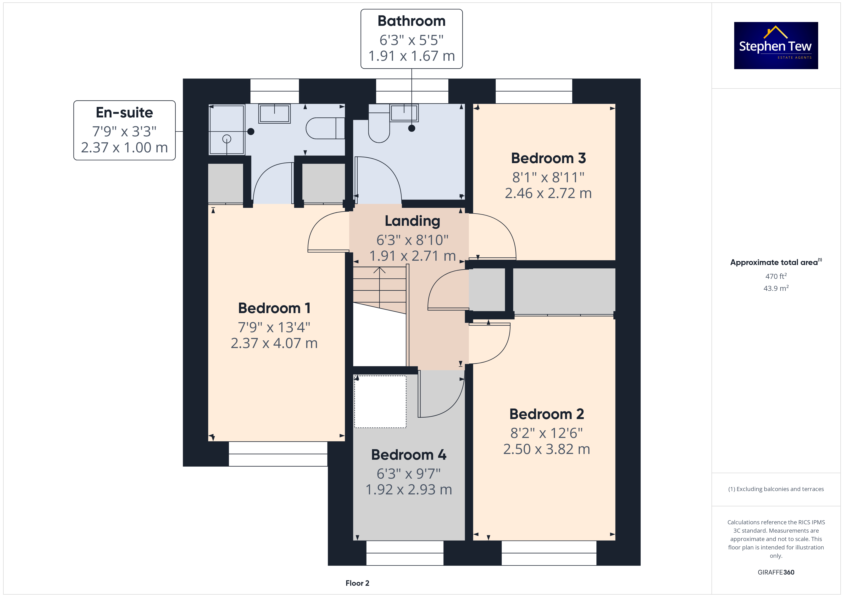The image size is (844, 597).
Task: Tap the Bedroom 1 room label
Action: pos(274,308)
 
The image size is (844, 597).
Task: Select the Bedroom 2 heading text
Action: pos(547,414)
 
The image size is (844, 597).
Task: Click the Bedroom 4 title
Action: pos(409,455)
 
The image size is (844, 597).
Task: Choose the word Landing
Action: pos(412,221)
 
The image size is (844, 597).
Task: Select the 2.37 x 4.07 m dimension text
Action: pos(274,343)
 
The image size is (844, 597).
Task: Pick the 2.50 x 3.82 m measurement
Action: pos(547,449)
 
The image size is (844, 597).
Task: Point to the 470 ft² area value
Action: pos(776,276)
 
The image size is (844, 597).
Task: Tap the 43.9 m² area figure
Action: pos(776,288)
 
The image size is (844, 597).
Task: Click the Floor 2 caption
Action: pos(357,583)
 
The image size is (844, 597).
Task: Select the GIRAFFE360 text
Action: pos(776,572)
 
